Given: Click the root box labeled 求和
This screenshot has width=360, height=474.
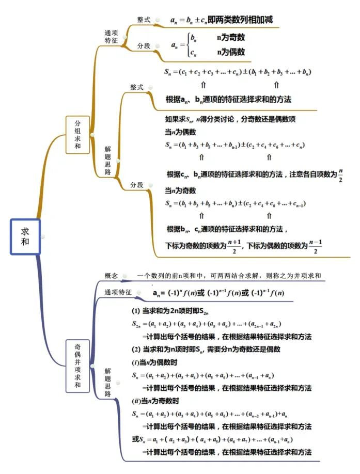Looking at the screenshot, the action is point(25,236).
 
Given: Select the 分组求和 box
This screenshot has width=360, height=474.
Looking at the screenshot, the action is point(77,135).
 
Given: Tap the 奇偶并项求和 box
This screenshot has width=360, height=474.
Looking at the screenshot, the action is point(77,366).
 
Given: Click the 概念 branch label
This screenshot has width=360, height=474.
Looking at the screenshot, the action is point(111,275).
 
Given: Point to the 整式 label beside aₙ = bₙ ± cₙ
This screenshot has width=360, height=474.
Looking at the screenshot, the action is point(144,20).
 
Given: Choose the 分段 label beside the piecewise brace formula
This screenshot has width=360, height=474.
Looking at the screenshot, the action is point(144,45).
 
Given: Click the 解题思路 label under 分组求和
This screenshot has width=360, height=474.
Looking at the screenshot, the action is point(108,161).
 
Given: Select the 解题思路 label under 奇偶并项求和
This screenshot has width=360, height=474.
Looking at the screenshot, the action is point(108,382).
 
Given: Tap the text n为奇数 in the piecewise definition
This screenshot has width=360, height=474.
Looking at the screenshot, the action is point(231,38).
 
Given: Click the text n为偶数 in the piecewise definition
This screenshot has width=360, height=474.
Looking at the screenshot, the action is point(231,52).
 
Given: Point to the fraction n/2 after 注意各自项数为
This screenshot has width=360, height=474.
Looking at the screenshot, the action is point(341,176).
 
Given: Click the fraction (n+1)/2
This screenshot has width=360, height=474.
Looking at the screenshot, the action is point(234,247).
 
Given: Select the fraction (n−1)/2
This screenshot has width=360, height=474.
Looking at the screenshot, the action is point(316,247).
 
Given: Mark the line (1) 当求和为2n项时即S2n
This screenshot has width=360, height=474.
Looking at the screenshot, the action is point(170,311).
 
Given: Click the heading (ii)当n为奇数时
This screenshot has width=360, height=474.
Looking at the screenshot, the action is point(155,401).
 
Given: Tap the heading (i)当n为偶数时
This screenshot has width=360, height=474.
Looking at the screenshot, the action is point(154,362).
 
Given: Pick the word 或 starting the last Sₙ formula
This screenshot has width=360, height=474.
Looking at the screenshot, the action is point(135,439).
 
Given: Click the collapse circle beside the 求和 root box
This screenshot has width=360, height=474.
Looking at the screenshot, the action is point(43,236).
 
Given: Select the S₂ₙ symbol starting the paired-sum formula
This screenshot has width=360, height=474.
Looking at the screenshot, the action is point(136,324).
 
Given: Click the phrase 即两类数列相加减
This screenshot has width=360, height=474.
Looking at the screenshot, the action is point(240,20).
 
